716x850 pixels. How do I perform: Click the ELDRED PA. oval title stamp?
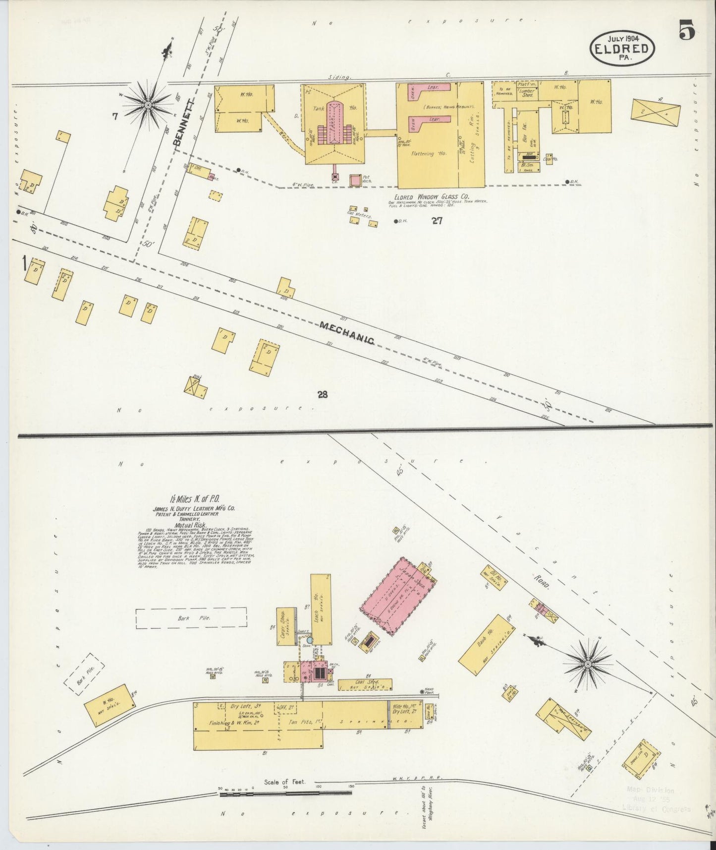click(622, 48)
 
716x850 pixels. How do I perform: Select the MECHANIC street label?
click(346, 332)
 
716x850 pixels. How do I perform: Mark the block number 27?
click(436, 221)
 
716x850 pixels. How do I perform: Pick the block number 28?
click(323, 395)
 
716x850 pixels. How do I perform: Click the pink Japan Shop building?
click(398, 595)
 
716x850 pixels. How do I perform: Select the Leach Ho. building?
click(321, 609)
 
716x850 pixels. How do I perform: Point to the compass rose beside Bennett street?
click(147, 105)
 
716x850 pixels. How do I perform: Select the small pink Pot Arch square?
click(355, 181)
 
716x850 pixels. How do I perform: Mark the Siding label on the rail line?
click(340, 77)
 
